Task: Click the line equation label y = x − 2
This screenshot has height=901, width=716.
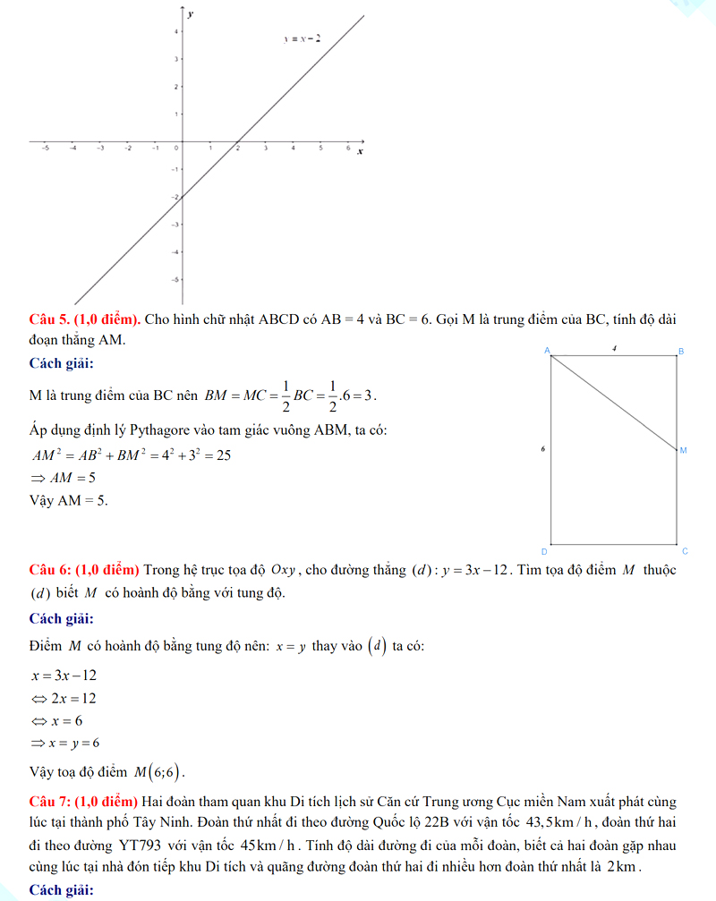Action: coord(303,39)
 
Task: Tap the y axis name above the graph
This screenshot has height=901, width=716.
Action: coord(190,15)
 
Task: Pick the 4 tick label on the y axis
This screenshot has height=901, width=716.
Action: coord(175,31)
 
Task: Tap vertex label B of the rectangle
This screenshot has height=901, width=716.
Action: coord(681,352)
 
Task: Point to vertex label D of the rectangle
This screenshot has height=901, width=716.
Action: coord(544,550)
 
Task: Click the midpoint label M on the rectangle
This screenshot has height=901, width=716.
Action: coord(683,449)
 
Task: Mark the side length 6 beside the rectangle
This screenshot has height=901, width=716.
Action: coord(543,446)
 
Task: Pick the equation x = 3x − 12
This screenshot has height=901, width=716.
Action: coord(63,675)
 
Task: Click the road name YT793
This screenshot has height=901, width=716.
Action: coord(140,846)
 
